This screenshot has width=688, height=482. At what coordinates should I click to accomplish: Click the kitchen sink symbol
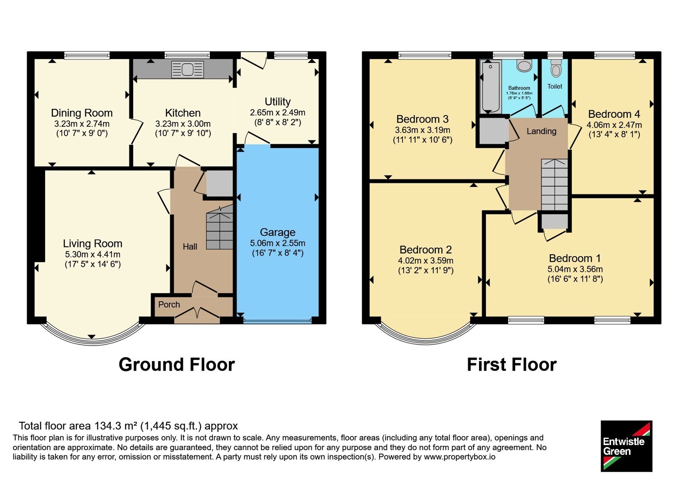click(x=187, y=69)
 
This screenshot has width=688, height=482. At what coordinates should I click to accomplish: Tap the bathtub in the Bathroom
click(x=491, y=87)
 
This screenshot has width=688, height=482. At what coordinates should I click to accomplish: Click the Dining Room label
click(x=82, y=113)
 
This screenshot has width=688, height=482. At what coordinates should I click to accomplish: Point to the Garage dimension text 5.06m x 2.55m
click(x=277, y=243)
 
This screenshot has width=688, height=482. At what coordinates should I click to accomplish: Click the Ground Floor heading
click(x=177, y=365)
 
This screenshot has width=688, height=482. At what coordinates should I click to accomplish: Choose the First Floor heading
click(x=512, y=365)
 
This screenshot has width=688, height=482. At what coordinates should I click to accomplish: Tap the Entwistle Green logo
click(x=626, y=446)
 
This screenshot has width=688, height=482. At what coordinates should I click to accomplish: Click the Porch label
click(x=169, y=304)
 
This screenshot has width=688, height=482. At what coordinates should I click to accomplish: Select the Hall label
click(x=190, y=247)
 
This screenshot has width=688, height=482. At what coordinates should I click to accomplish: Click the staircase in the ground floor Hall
click(x=220, y=228)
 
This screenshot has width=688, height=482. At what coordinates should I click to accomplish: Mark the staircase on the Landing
click(x=554, y=185)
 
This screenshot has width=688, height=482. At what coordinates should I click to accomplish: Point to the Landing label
click(x=541, y=131)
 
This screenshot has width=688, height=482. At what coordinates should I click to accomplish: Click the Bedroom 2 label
click(x=425, y=250)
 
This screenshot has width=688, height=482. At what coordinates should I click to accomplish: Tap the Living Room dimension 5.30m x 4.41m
click(x=92, y=254)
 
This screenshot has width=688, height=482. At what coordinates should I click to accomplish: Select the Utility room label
click(x=278, y=102)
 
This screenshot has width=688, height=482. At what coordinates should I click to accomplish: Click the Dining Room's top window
click(x=87, y=56)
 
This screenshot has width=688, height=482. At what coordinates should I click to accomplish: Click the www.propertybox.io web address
click(x=460, y=457)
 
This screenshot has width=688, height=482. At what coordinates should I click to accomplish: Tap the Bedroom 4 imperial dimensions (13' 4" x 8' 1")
click(x=614, y=135)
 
